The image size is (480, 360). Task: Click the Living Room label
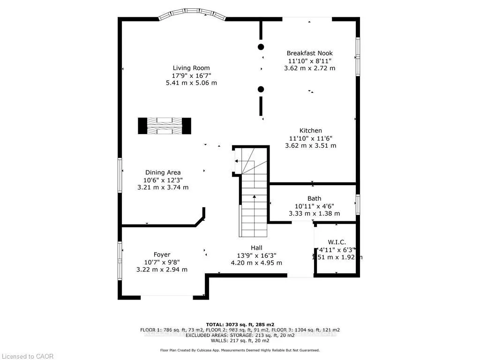[191, 68]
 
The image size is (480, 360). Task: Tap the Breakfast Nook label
[309, 53]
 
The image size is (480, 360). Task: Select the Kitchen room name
[310, 131]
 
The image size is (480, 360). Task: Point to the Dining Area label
[163, 172]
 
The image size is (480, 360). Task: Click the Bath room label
[314, 199]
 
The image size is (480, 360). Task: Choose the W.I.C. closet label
[337, 242]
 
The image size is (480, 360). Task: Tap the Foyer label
[162, 255]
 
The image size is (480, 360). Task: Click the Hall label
[256, 248]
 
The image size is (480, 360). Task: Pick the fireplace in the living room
[165, 126]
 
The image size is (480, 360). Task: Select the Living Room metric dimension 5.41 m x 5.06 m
[191, 83]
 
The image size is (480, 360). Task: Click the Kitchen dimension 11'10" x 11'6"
[310, 138]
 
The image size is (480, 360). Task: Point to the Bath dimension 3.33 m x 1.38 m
[314, 214]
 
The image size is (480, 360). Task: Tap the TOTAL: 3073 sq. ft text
[240, 324]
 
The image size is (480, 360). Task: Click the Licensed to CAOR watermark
[27, 356]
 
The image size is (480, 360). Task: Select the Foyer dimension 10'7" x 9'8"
[162, 262]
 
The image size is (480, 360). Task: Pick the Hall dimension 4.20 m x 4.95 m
[256, 263]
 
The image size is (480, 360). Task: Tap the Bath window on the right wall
[358, 205]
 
